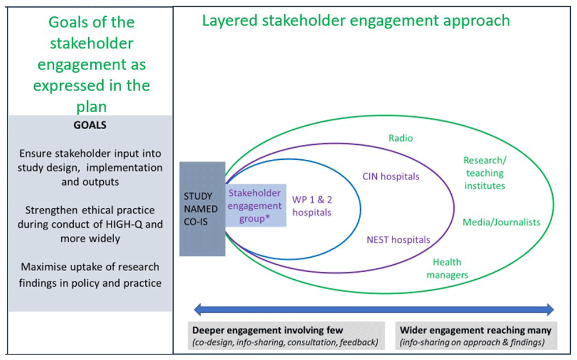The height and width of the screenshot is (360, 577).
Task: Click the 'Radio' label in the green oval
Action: (400, 138)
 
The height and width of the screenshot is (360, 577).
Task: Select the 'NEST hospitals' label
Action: (398, 239)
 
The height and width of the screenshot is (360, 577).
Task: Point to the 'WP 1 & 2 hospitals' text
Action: (312, 205)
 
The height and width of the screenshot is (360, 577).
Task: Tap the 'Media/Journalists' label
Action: (501, 222)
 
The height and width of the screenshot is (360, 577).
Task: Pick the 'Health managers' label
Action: (447, 268)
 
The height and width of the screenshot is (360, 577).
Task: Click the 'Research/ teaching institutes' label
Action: (484, 172)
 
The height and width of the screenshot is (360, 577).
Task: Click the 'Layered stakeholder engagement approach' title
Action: (356, 21)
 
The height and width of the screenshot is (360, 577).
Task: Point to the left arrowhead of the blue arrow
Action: (197, 310)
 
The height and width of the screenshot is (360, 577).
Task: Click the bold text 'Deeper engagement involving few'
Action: (268, 331)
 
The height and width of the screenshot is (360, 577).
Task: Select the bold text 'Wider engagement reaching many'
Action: (476, 331)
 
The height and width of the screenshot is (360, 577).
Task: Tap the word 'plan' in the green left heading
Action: (91, 107)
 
